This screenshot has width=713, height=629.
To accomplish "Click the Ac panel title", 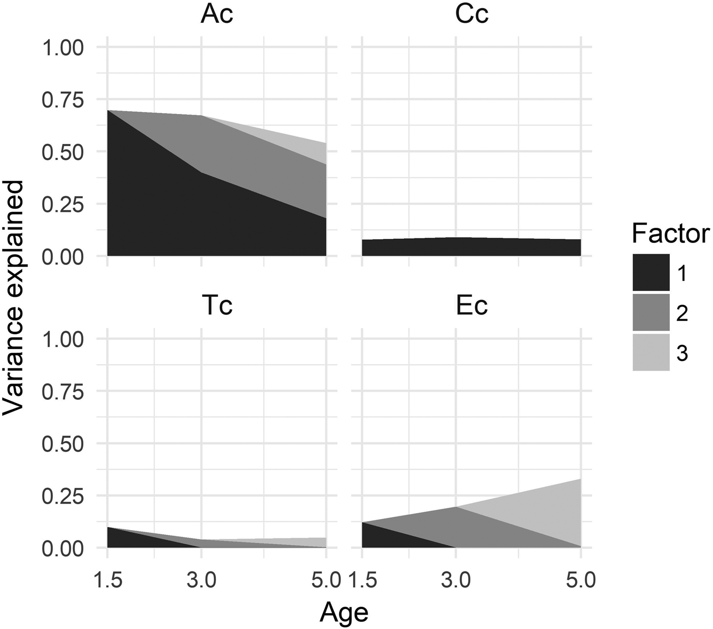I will [x=217, y=14].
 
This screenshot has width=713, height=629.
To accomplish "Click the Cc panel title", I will [x=472, y=14].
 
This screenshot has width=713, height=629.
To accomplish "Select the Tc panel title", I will [x=217, y=306].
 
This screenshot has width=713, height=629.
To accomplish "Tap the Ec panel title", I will [x=472, y=306].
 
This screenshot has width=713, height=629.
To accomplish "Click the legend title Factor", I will [x=670, y=234].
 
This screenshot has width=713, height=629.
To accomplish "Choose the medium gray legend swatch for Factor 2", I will [x=651, y=312].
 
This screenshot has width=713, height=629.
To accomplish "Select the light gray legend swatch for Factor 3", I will [x=651, y=352].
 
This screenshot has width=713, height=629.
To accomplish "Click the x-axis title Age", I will [x=344, y=613].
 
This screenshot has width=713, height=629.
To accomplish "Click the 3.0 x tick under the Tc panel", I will [x=202, y=580].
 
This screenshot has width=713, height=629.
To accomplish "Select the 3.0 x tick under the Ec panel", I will [x=456, y=580].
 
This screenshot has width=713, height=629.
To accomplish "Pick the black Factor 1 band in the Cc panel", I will [x=471, y=247].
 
